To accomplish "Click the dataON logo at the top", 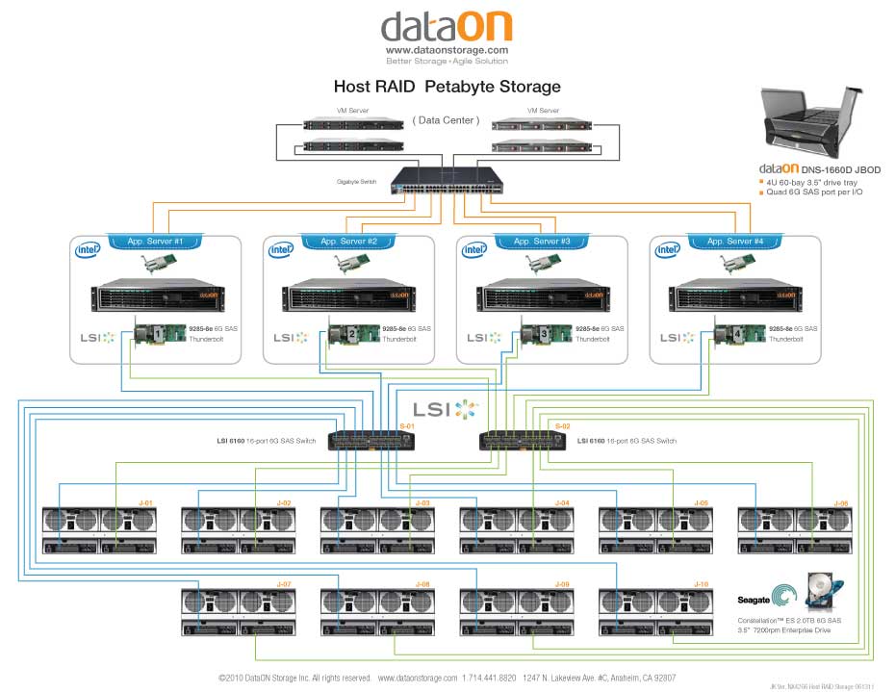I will [447, 26].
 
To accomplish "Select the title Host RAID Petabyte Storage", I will [447, 87].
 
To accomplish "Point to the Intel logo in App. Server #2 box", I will [281, 250].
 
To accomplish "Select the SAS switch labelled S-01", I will [371, 441].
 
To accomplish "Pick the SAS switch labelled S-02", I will [522, 441].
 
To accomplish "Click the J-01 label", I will [146, 502].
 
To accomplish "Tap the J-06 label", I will [840, 502].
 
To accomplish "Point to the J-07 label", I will [284, 584].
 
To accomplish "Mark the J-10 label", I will [702, 584].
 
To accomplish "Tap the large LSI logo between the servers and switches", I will [445, 408].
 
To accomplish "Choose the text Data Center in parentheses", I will [444, 120].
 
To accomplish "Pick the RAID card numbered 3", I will [539, 333].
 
